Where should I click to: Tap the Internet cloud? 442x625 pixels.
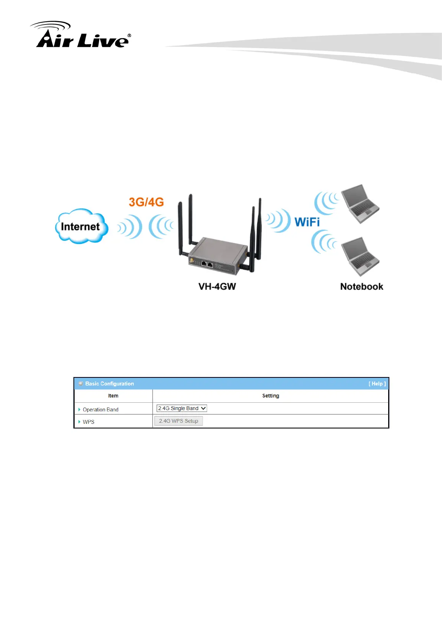click(81, 226)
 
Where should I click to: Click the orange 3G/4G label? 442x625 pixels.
click(146, 202)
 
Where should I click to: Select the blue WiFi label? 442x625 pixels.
click(307, 222)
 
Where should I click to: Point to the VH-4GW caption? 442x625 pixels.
click(217, 287)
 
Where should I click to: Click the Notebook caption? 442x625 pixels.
click(361, 287)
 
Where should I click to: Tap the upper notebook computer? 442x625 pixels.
click(359, 204)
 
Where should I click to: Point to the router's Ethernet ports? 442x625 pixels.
click(207, 264)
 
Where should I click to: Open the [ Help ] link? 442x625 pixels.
click(377, 384)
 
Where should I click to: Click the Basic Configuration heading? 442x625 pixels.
click(109, 384)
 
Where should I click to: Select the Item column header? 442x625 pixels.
click(113, 396)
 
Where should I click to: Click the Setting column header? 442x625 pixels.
click(271, 396)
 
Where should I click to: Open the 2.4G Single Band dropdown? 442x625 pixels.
click(181, 408)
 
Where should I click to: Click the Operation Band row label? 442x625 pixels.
click(101, 409)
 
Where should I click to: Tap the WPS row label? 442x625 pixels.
click(89, 422)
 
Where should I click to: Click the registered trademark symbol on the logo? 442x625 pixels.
click(129, 36)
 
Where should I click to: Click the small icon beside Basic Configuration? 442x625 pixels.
click(81, 384)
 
